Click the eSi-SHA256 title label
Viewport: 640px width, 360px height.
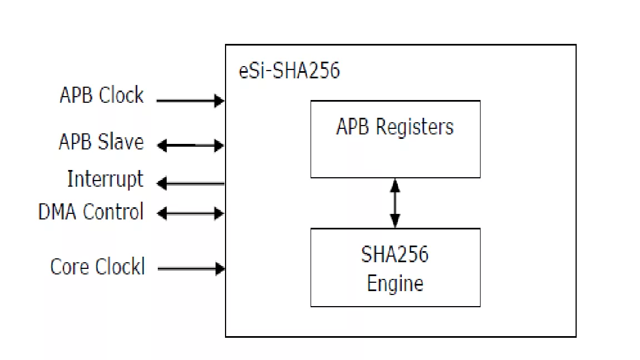tap(289, 71)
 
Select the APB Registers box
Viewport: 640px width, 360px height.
tap(395, 139)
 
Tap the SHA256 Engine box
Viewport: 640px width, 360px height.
tap(395, 267)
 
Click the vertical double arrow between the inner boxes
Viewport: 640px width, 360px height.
tap(395, 203)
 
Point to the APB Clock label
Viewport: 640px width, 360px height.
tap(102, 96)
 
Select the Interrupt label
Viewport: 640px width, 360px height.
tap(105, 179)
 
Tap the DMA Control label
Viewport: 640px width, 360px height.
tap(91, 212)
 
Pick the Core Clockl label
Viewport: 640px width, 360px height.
tap(98, 267)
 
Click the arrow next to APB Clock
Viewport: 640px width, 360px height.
tap(190, 101)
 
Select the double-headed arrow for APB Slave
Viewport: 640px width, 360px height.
tap(190, 146)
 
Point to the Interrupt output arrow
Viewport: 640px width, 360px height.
tap(190, 183)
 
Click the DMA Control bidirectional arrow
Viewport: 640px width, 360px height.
tap(190, 213)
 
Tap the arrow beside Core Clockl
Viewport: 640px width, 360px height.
tap(191, 269)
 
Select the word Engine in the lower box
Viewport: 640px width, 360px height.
tap(395, 283)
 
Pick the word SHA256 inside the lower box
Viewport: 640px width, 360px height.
tap(395, 254)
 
